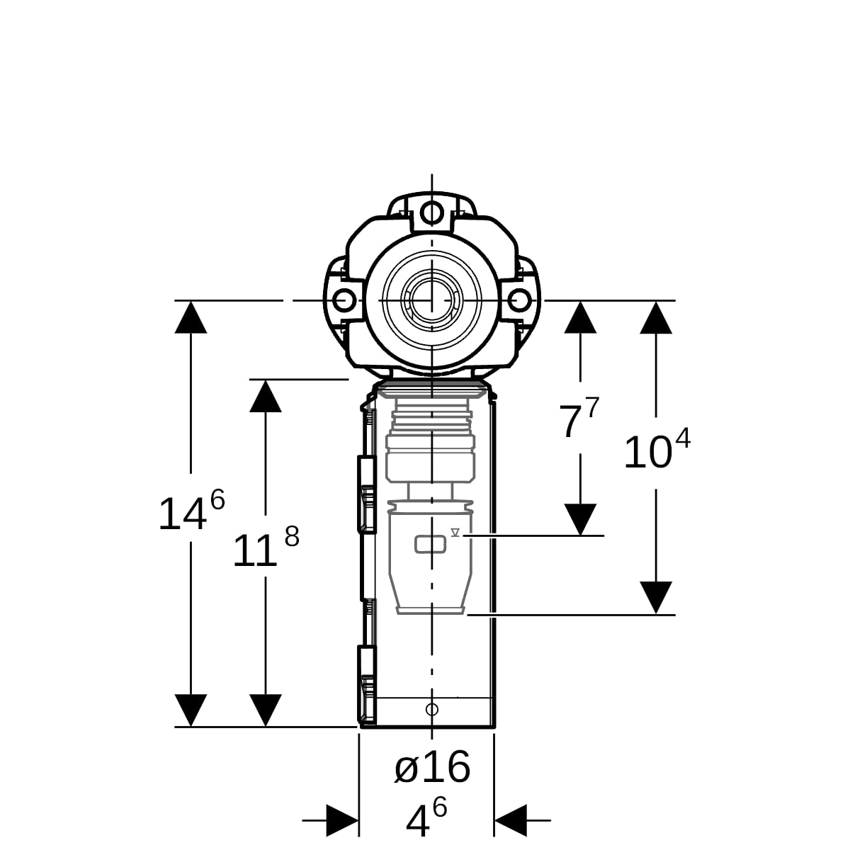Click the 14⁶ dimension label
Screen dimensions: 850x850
pos(192,509)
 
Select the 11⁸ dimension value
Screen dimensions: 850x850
pos(266,546)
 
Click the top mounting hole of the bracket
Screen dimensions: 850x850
pos(432,213)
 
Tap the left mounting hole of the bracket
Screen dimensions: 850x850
pos(344,300)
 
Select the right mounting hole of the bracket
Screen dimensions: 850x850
pos(519,300)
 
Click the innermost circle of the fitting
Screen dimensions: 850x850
pos(432,300)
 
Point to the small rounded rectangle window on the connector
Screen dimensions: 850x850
pos(430,544)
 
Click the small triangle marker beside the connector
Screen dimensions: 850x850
pos(455,533)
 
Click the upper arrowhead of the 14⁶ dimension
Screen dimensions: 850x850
pos(191,317)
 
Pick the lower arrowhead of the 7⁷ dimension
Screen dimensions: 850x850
pos(580,520)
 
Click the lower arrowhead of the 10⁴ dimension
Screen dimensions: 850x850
pos(656,597)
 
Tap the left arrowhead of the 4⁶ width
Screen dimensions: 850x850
pos(342,820)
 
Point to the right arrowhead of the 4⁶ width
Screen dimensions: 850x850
pos(511,820)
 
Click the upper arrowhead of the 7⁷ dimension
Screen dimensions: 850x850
pos(580,317)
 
